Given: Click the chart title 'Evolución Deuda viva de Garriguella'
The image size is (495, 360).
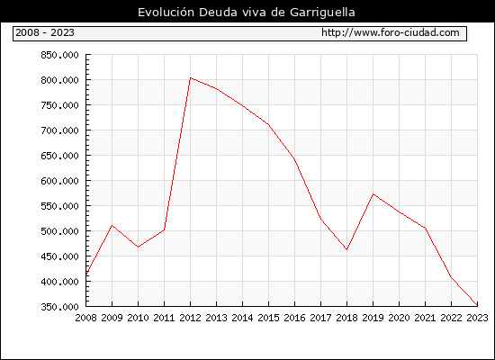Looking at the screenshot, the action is click(247, 13).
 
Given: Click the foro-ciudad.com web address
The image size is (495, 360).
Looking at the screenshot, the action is click(391, 32).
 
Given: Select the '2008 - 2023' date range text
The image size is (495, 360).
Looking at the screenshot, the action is click(45, 32).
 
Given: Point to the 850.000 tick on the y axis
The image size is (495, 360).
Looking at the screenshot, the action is click(59, 55).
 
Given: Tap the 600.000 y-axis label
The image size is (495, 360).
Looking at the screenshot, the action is click(59, 181).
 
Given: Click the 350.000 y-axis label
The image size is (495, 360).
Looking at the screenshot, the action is click(59, 307).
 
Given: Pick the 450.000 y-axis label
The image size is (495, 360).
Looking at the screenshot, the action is click(59, 256).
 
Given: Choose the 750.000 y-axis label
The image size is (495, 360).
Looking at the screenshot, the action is click(59, 105).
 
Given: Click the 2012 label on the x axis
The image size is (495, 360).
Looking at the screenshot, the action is click(190, 318).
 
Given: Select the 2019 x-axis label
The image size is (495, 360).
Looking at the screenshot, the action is click(373, 318).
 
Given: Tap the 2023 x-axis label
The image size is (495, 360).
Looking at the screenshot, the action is click(477, 318).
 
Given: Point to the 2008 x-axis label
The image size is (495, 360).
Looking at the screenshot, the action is click(85, 318).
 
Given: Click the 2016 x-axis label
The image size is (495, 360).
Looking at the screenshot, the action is click(294, 318).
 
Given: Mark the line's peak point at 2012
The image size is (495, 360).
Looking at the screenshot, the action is click(191, 77).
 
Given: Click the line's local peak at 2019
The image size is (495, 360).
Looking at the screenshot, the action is click(373, 193).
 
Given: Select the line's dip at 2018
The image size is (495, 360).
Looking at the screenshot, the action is click(346, 249).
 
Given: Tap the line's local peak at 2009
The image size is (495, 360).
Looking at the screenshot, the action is click(112, 225).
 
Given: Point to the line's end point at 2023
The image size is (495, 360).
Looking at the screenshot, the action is click(477, 305).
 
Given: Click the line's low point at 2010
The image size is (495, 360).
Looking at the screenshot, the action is click(138, 247).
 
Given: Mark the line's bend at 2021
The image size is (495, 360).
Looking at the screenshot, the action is click(425, 228).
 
